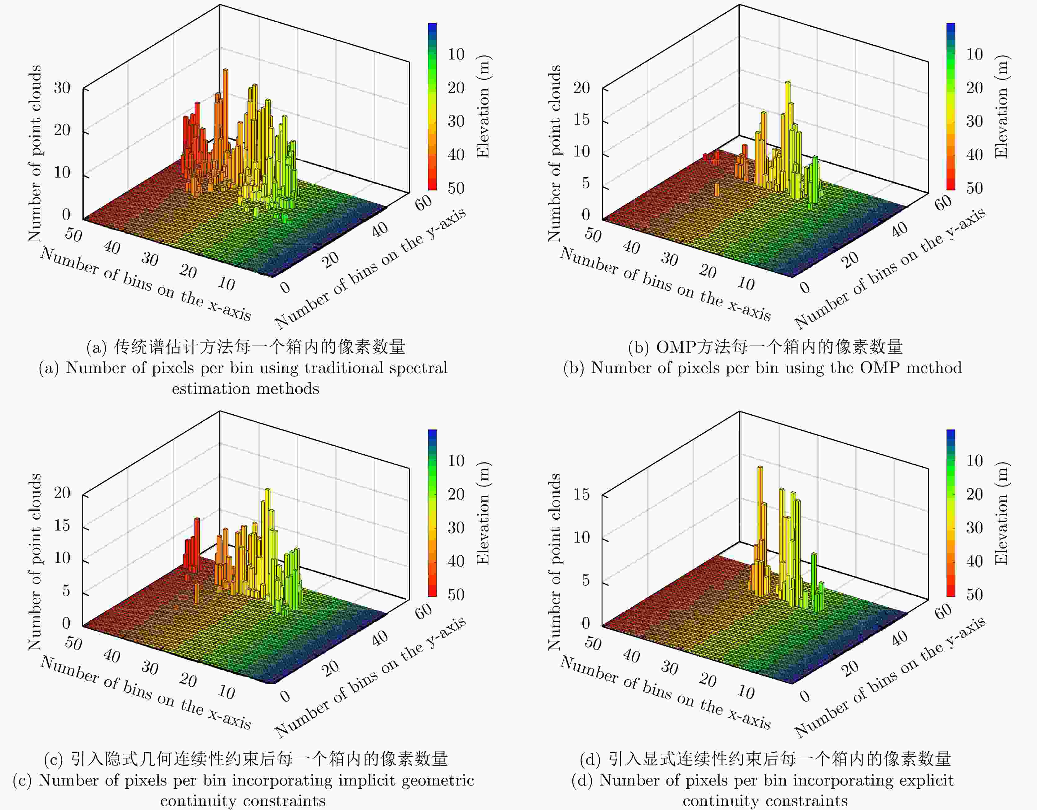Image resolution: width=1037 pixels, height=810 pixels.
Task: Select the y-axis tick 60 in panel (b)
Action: click(943, 202)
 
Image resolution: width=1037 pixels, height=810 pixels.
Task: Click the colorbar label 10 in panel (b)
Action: click(975, 54)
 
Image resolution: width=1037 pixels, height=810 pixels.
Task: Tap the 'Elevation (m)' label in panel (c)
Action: click(483, 513)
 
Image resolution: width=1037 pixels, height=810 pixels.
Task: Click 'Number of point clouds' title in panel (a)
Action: click(35, 153)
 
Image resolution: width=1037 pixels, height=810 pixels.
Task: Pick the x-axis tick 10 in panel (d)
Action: click(746, 693)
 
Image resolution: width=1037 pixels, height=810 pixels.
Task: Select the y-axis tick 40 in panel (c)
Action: click(380, 638)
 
